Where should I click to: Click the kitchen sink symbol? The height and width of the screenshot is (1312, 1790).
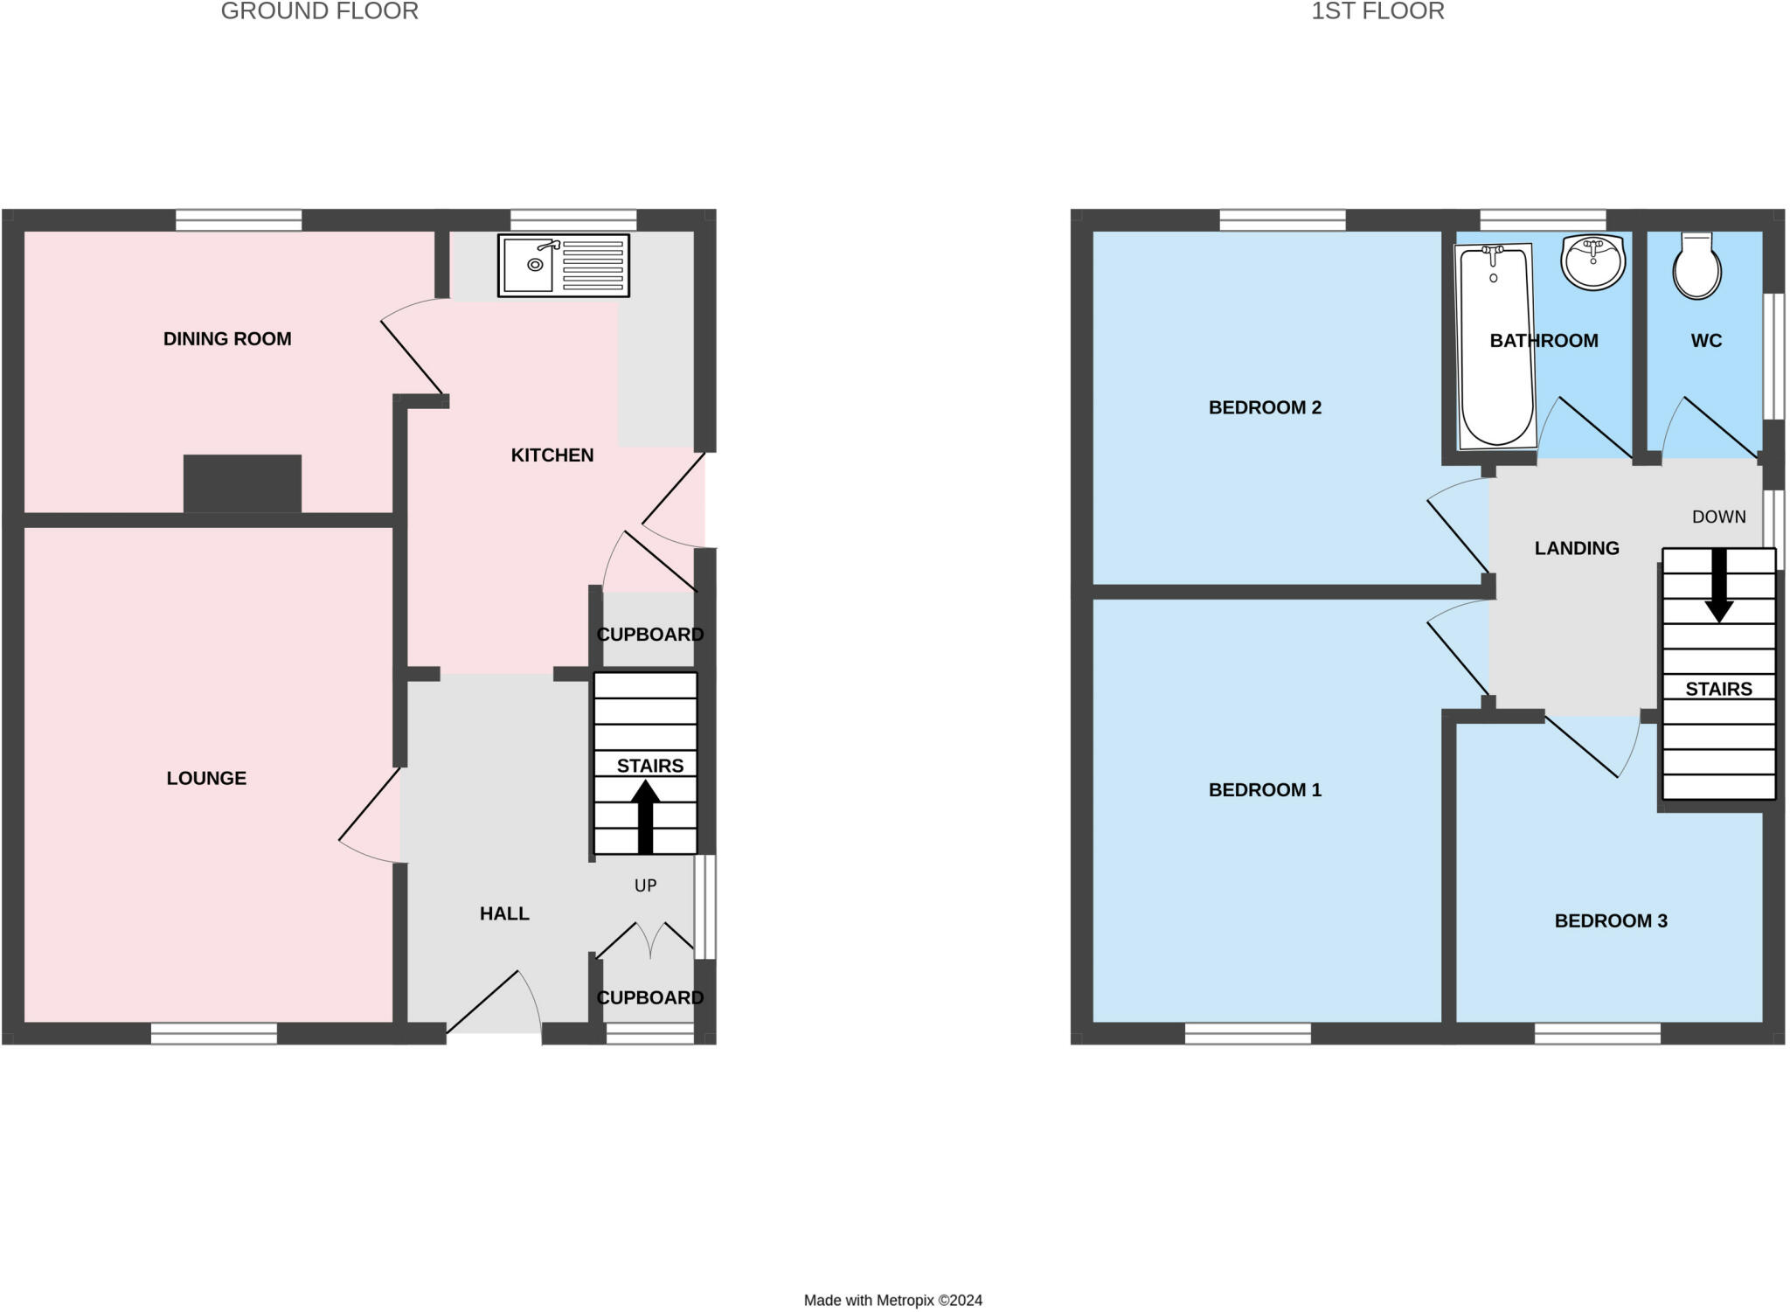(564, 265)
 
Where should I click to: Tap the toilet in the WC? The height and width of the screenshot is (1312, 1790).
(1696, 267)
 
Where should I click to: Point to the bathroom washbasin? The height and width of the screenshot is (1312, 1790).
(1592, 261)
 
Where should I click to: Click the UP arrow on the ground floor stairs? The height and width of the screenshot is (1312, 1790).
(645, 816)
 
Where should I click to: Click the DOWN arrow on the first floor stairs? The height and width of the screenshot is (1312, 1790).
(1718, 585)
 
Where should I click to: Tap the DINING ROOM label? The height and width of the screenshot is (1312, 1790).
(227, 339)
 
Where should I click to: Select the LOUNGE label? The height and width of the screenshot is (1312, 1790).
(206, 778)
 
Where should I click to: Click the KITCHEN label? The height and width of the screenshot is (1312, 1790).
(552, 455)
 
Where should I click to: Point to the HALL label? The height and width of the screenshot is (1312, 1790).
(504, 913)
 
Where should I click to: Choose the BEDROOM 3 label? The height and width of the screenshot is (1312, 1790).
(1610, 920)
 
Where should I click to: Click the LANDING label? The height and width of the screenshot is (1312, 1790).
(1576, 548)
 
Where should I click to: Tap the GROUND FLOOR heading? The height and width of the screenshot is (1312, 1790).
(319, 11)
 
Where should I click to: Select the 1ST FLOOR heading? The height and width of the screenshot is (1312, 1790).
(1377, 11)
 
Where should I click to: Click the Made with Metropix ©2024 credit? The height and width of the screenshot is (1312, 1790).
(892, 1300)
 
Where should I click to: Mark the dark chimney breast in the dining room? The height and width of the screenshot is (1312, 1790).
(242, 483)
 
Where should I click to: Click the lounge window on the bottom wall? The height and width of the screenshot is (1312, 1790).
(214, 1033)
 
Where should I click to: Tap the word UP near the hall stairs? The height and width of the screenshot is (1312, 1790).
(645, 885)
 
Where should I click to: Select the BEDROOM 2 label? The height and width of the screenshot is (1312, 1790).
(1264, 407)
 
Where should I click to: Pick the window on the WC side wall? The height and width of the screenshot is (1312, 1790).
(1773, 356)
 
